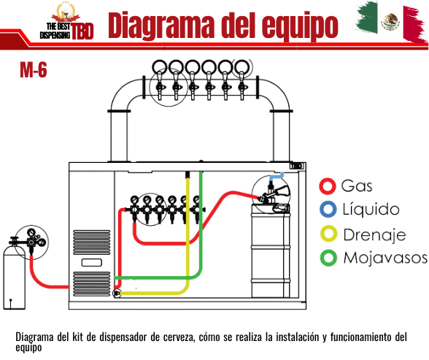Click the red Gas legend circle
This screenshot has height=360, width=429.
[x=327, y=186]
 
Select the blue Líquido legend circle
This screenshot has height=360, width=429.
[x=328, y=210]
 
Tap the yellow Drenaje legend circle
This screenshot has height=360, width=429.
[x=328, y=234]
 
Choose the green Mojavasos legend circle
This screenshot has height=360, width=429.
[x=328, y=258]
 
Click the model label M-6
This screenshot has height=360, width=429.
[x=34, y=69]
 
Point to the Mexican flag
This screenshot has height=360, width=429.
[x=391, y=22]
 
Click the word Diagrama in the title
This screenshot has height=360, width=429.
[x=161, y=26]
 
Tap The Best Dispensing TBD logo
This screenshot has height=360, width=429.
[x=67, y=21]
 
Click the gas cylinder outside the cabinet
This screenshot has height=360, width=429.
[x=15, y=278]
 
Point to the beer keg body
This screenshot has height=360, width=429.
[x=271, y=250]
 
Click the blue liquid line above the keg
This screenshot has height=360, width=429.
[x=277, y=176]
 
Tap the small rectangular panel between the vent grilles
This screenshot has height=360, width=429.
[x=92, y=263]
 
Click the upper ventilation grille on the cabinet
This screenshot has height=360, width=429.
[x=92, y=242]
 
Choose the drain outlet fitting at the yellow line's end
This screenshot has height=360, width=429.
[x=117, y=294]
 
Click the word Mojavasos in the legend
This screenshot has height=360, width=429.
[x=385, y=258]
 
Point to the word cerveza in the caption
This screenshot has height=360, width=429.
[x=179, y=337]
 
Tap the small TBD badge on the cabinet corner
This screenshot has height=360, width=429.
[x=296, y=166]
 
